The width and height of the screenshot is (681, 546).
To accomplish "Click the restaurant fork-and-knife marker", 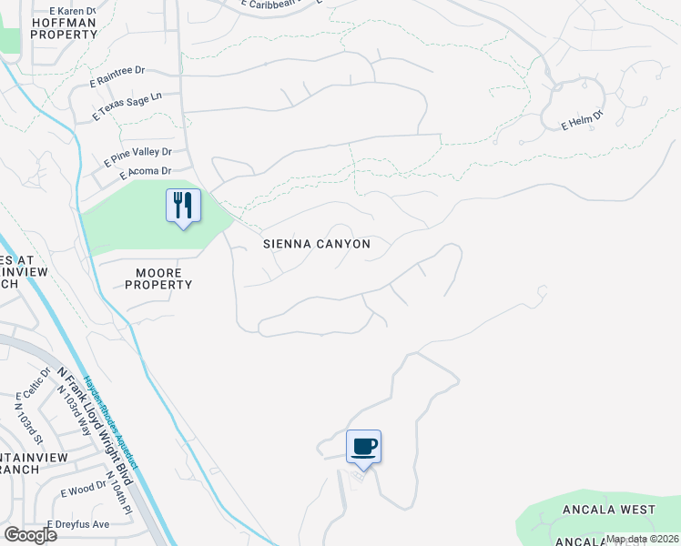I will tap(183, 205).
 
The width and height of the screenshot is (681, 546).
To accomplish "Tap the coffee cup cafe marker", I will tap(363, 446).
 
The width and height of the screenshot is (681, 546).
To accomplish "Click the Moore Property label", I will tap(158, 278).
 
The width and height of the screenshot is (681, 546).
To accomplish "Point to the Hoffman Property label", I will tap(64, 27).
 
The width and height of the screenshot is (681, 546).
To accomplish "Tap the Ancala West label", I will tap(609, 509).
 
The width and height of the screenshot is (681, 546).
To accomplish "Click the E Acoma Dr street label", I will tap(138, 171).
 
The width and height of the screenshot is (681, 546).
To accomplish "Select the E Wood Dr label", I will tap(84, 490).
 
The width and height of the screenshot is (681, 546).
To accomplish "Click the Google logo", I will tap(30, 535).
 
